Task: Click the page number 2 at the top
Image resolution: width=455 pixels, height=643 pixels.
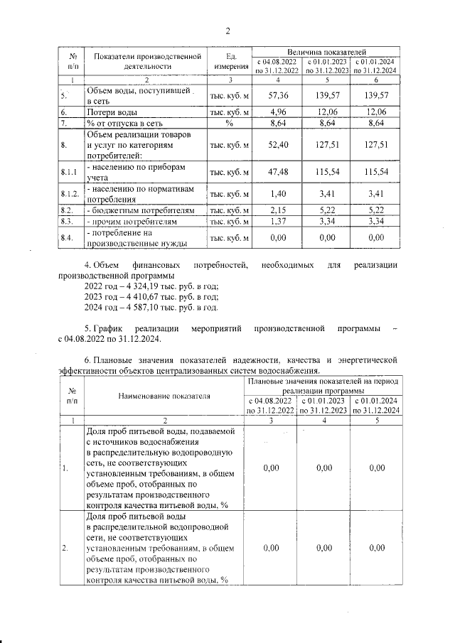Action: pyautogui.click(x=228, y=31)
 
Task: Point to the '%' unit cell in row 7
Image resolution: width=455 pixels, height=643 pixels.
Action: pyautogui.click(x=229, y=123)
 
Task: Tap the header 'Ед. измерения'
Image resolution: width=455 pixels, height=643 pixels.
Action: pyautogui.click(x=229, y=61)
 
